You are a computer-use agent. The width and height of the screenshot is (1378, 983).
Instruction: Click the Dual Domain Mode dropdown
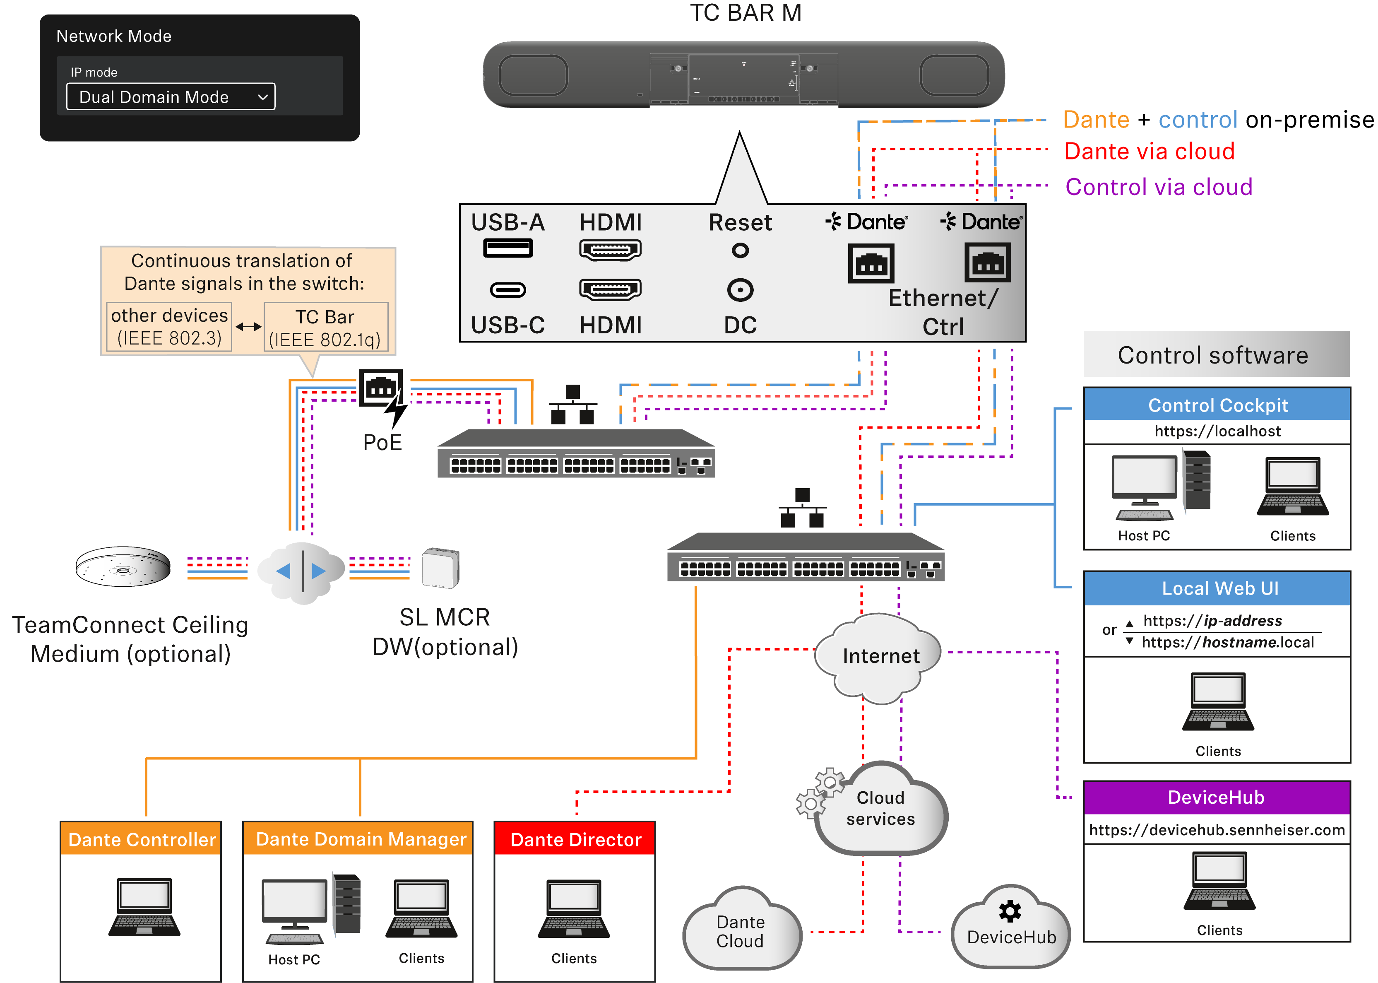[x=171, y=97]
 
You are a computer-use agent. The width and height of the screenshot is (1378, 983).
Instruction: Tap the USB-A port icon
[x=508, y=248]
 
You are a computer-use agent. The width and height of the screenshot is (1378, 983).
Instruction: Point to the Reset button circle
[x=740, y=250]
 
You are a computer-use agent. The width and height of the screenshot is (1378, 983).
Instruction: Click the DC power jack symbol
[x=740, y=290]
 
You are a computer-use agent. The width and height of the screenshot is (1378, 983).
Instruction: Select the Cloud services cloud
[x=880, y=809]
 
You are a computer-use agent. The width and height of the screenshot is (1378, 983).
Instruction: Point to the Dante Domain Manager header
[x=361, y=839]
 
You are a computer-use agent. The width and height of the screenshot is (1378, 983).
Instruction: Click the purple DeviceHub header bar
[x=1217, y=797]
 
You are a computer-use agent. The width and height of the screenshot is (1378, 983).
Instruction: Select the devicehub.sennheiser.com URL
[x=1217, y=830]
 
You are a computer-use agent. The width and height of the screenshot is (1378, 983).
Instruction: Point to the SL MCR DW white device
[x=440, y=568]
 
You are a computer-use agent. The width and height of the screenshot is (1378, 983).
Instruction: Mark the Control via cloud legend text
[x=1158, y=187]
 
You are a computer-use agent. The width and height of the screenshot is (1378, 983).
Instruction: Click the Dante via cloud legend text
[x=1149, y=151]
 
